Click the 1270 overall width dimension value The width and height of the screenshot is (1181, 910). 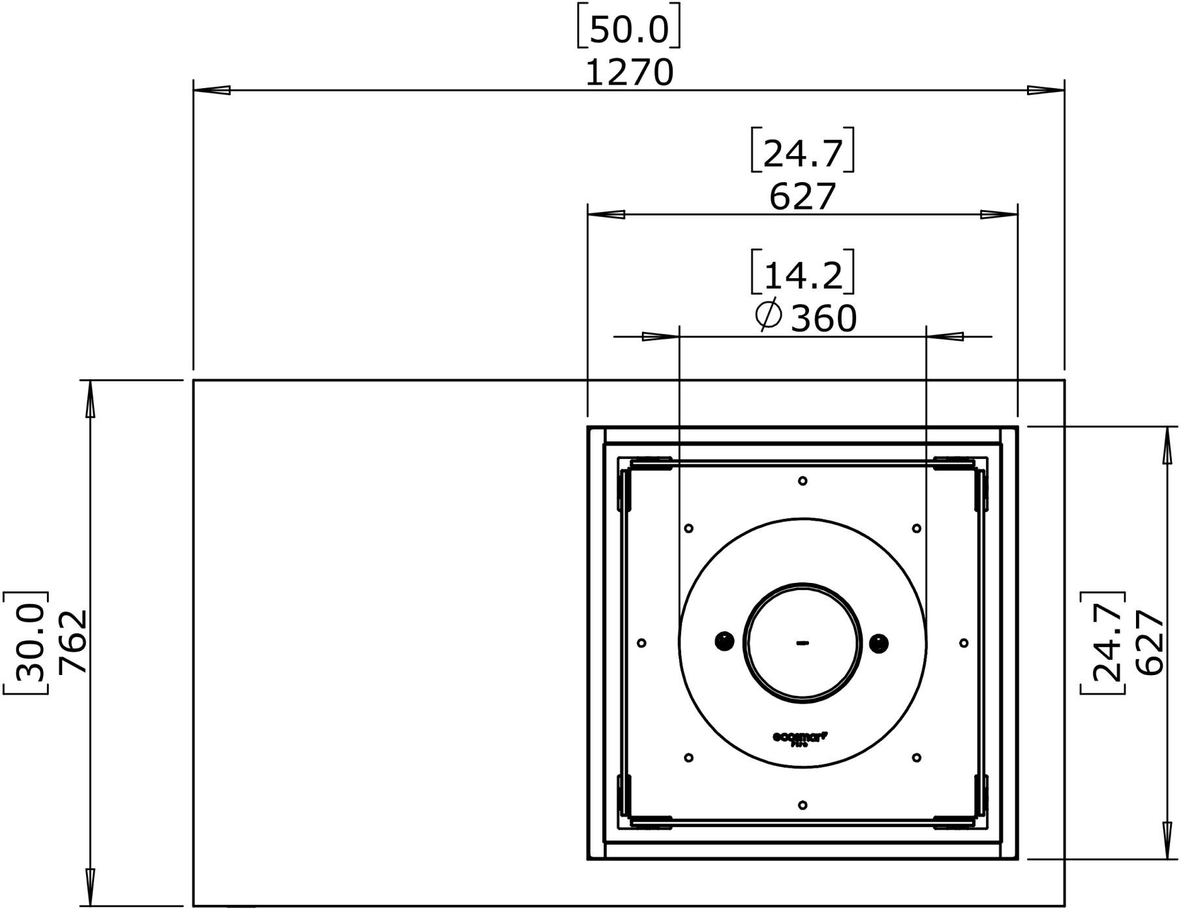pyautogui.click(x=629, y=72)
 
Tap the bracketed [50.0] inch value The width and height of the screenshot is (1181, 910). pyautogui.click(x=629, y=30)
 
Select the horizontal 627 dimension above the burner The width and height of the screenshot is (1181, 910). pyautogui.click(x=802, y=196)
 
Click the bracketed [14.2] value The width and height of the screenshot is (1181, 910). pyautogui.click(x=802, y=275)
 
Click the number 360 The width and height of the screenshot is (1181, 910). pyautogui.click(x=823, y=319)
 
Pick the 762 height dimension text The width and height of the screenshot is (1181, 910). pyautogui.click(x=72, y=642)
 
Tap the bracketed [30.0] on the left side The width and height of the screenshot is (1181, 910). pyautogui.click(x=27, y=642)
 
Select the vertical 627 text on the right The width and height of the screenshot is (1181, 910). pyautogui.click(x=1150, y=642)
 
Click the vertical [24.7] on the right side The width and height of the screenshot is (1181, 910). pyautogui.click(x=1104, y=642)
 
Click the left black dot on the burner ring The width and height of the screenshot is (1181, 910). pyautogui.click(x=724, y=642)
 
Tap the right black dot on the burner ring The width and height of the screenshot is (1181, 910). pyautogui.click(x=879, y=643)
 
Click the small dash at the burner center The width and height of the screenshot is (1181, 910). pyautogui.click(x=803, y=643)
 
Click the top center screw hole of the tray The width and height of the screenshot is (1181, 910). pyautogui.click(x=803, y=481)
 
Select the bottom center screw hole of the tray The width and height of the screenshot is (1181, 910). pyautogui.click(x=803, y=805)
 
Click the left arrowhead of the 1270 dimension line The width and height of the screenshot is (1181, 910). pyautogui.click(x=212, y=90)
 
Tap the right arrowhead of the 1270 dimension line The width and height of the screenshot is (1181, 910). pyautogui.click(x=1046, y=90)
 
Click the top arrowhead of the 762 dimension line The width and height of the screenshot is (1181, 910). pyautogui.click(x=90, y=399)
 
